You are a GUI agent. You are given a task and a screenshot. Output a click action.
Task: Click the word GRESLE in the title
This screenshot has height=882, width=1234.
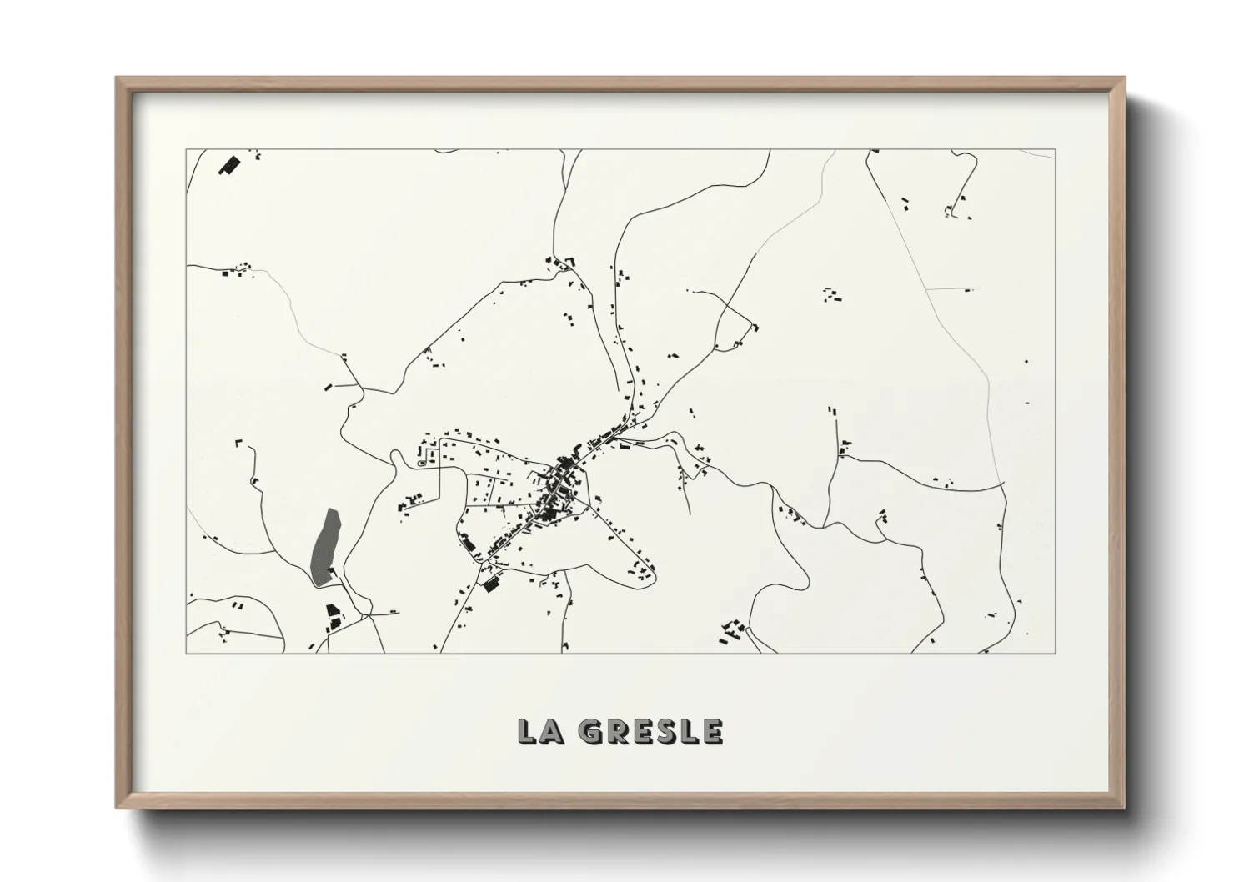(x=651, y=731)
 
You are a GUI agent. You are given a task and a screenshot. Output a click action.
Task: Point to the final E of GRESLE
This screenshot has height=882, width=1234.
(x=711, y=731)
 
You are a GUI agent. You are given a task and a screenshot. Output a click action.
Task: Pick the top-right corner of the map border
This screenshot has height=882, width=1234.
(x=1055, y=150)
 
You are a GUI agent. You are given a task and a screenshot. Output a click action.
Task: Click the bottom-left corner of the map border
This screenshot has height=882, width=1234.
(x=187, y=653)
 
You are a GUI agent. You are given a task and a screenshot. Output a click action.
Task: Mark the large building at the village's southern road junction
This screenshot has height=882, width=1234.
(x=491, y=584)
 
